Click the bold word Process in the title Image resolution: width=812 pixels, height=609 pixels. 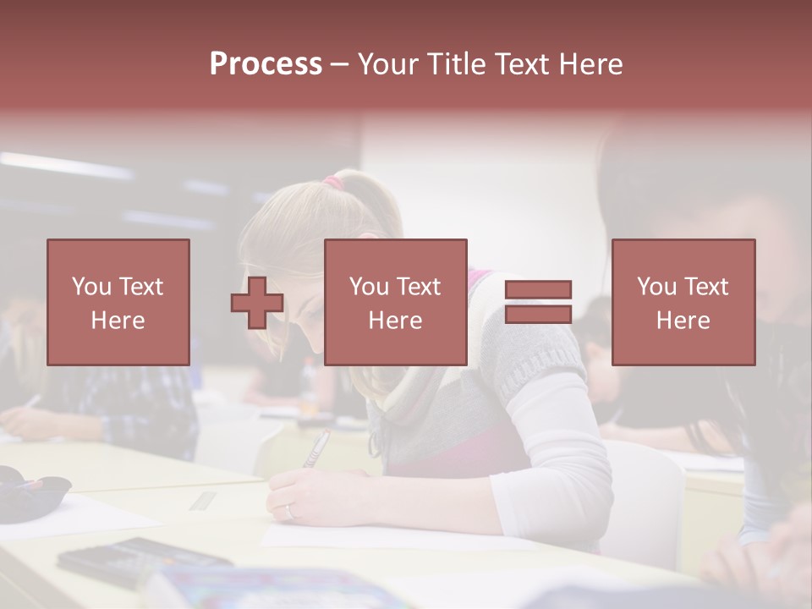pos(266,64)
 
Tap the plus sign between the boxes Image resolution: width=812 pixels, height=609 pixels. pos(257,303)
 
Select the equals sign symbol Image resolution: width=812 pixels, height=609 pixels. pos(538,302)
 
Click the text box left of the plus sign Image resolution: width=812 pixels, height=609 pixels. pos(118,302)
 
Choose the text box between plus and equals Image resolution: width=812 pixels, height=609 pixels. pos(395,302)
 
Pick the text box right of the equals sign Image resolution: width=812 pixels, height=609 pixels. pos(683,302)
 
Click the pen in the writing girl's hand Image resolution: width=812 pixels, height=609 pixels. pos(316,448)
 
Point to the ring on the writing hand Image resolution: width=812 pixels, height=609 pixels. pos(290,510)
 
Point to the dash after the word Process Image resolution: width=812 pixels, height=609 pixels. pos(339,64)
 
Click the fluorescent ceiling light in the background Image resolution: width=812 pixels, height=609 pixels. pos(68,165)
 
